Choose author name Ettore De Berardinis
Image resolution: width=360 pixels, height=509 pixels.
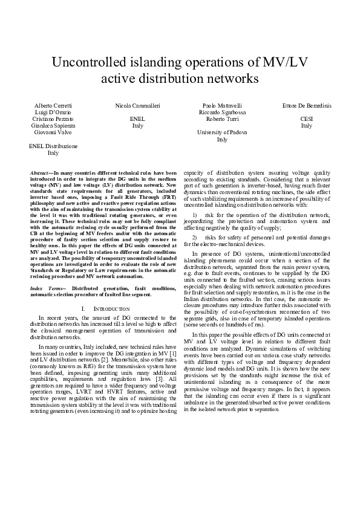[x=307, y=105]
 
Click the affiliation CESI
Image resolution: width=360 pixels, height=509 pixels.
[x=307, y=119]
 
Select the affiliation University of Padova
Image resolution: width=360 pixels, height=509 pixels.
[x=222, y=132]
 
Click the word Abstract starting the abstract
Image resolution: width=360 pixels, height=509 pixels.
[x=41, y=173]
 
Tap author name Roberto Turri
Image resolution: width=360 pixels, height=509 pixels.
[x=222, y=119]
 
